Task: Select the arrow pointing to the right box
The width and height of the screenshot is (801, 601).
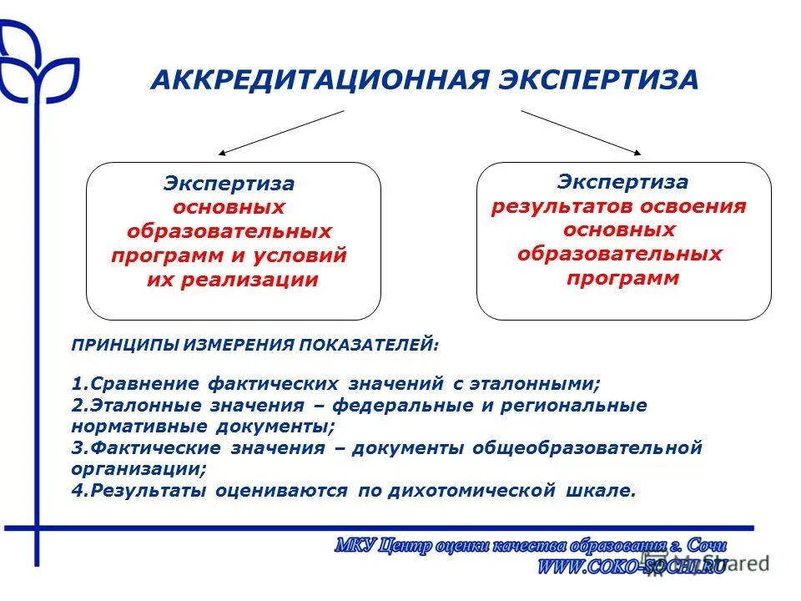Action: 582,132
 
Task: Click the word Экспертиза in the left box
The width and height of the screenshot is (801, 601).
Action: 229,183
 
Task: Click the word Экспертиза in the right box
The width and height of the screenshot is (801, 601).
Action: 623,181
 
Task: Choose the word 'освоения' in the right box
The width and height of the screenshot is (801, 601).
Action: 693,205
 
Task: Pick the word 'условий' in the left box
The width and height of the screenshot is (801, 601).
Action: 303,255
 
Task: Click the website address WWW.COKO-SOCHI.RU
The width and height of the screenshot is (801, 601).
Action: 632,565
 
